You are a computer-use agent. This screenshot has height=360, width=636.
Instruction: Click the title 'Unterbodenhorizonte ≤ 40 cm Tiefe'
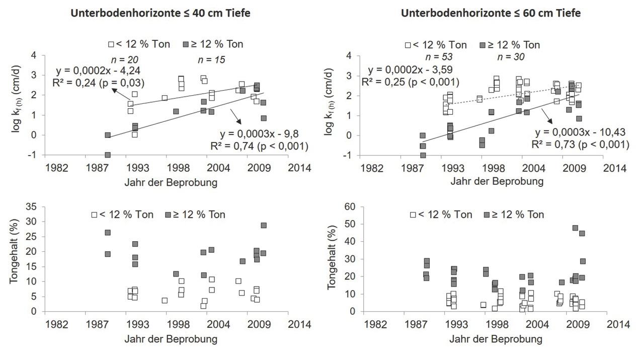point(161,14)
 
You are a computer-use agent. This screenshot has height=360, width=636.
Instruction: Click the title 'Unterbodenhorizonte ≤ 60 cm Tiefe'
point(491,14)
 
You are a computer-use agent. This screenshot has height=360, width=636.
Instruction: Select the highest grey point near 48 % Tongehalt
point(575,228)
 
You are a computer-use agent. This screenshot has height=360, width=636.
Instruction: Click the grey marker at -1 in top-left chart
point(108,155)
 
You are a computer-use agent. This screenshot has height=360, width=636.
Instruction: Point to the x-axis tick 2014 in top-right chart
point(615,168)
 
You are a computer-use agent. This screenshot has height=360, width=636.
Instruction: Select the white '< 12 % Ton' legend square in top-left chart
point(112,44)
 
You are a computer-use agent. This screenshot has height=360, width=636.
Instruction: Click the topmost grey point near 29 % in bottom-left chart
point(264,226)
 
